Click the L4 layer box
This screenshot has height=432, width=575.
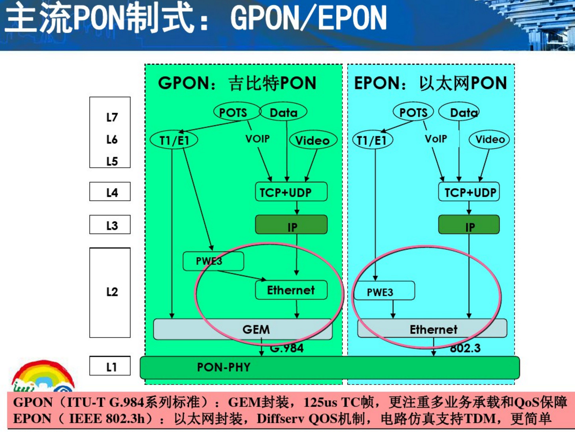[x=110, y=192]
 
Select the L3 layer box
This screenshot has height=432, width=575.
[x=110, y=225]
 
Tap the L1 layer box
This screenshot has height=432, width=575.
[x=110, y=366]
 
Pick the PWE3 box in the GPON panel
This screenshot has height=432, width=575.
[x=213, y=261]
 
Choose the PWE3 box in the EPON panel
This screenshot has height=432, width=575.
[x=384, y=291]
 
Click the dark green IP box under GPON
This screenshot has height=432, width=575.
[x=291, y=225]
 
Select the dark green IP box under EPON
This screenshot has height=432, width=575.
[x=469, y=225]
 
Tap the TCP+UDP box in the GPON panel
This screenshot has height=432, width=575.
[x=291, y=192]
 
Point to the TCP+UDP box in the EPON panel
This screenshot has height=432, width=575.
[x=469, y=192]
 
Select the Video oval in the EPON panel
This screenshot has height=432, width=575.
[x=489, y=140]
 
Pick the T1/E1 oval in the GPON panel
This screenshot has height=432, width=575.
[x=174, y=140]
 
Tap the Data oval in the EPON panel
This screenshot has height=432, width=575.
[x=459, y=112]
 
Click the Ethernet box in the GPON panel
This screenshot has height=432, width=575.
[x=291, y=290]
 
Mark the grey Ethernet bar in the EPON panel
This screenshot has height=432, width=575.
[x=432, y=329]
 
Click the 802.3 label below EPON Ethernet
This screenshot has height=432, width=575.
[x=465, y=348]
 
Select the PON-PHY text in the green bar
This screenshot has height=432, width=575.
[x=224, y=367]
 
